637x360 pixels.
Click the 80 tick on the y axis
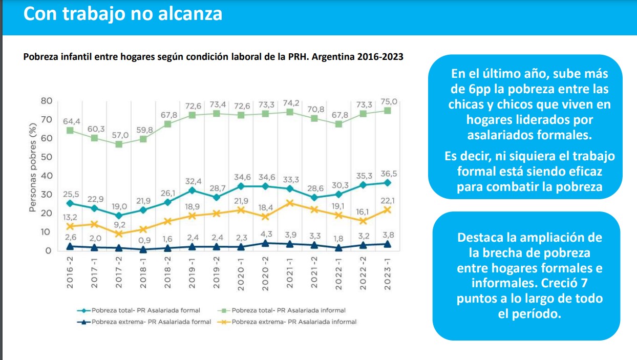point(46,101)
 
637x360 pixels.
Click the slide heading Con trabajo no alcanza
point(123,14)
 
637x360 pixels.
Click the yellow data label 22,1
point(388,201)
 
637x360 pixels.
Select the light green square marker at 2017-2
point(119,144)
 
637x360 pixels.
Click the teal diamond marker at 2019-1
point(193,190)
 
